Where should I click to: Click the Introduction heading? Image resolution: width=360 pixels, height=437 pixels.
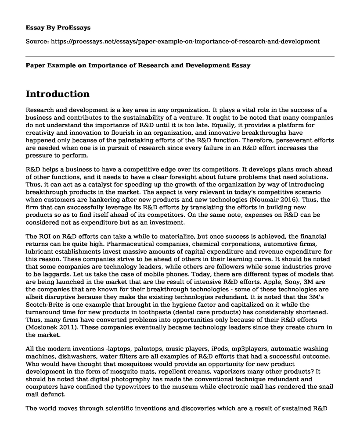point(58,94)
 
